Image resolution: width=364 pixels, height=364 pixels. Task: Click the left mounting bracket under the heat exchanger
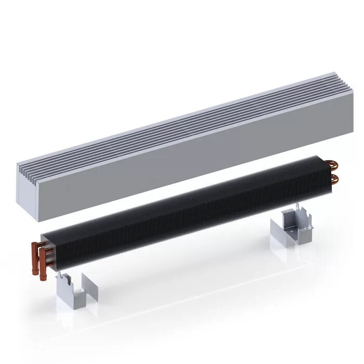[70, 295]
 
